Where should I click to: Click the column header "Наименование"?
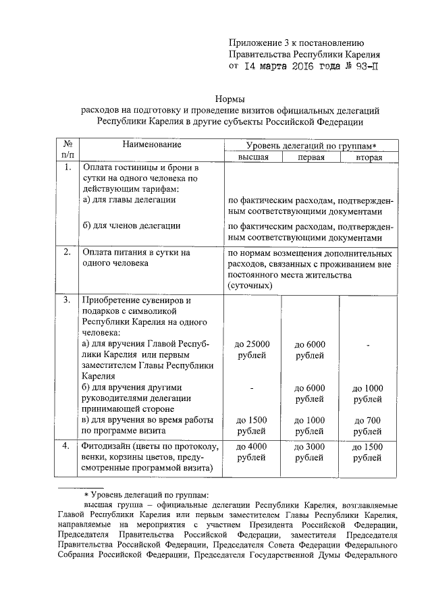pyautogui.click(x=153, y=144)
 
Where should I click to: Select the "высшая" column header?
pyautogui.click(x=252, y=157)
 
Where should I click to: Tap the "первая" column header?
pyautogui.click(x=310, y=157)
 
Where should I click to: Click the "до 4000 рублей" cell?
pyautogui.click(x=252, y=452)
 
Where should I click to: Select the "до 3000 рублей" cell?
pyautogui.click(x=310, y=452)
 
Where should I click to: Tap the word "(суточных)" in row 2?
pyautogui.click(x=250, y=286)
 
